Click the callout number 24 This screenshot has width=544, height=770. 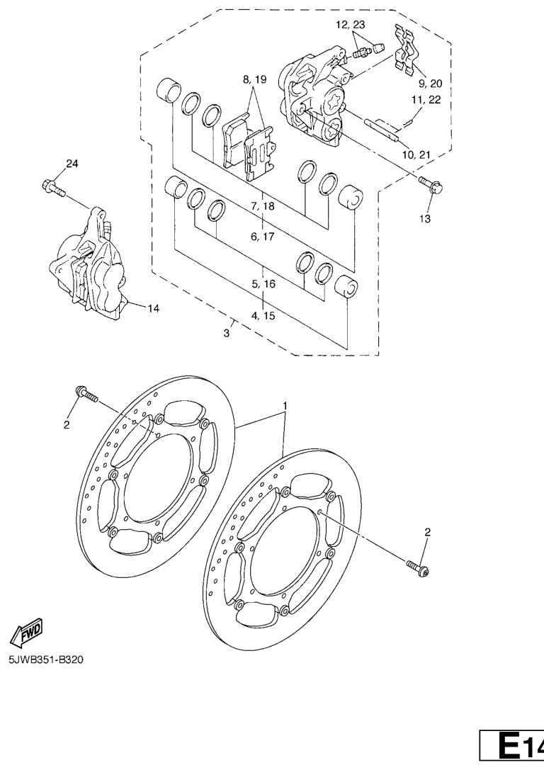72,164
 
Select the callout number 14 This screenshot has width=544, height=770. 153,308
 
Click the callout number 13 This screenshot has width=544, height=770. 425,218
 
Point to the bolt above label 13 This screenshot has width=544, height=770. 431,185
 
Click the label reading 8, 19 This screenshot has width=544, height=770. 254,79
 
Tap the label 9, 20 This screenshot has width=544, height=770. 430,84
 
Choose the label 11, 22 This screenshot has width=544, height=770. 426,100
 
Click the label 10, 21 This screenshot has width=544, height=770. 416,155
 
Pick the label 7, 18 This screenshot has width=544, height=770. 263,206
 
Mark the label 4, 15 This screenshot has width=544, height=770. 263,316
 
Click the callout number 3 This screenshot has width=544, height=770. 227,334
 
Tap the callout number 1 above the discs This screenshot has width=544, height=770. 285,406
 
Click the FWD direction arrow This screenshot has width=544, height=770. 27,631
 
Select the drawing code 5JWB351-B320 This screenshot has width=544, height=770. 45,659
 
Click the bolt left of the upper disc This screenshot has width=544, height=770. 86,394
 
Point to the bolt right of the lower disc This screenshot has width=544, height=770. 417,569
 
